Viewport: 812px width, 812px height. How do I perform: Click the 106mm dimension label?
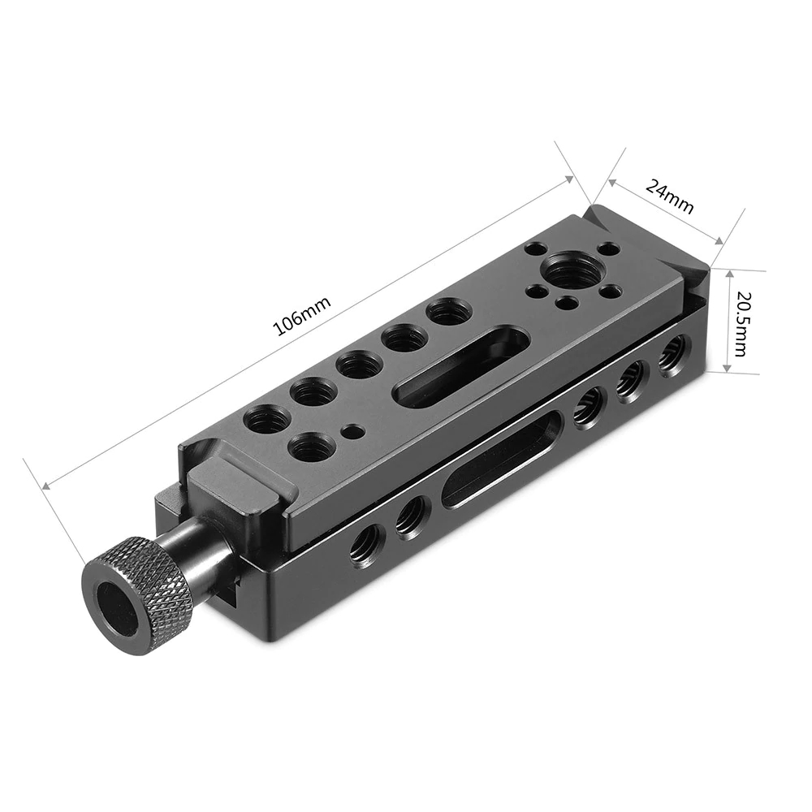(x=301, y=317)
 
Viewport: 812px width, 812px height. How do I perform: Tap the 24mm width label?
(x=670, y=195)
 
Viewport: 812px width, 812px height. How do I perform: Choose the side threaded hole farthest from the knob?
(x=671, y=354)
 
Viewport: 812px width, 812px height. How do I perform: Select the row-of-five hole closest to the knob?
(x=267, y=420)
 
